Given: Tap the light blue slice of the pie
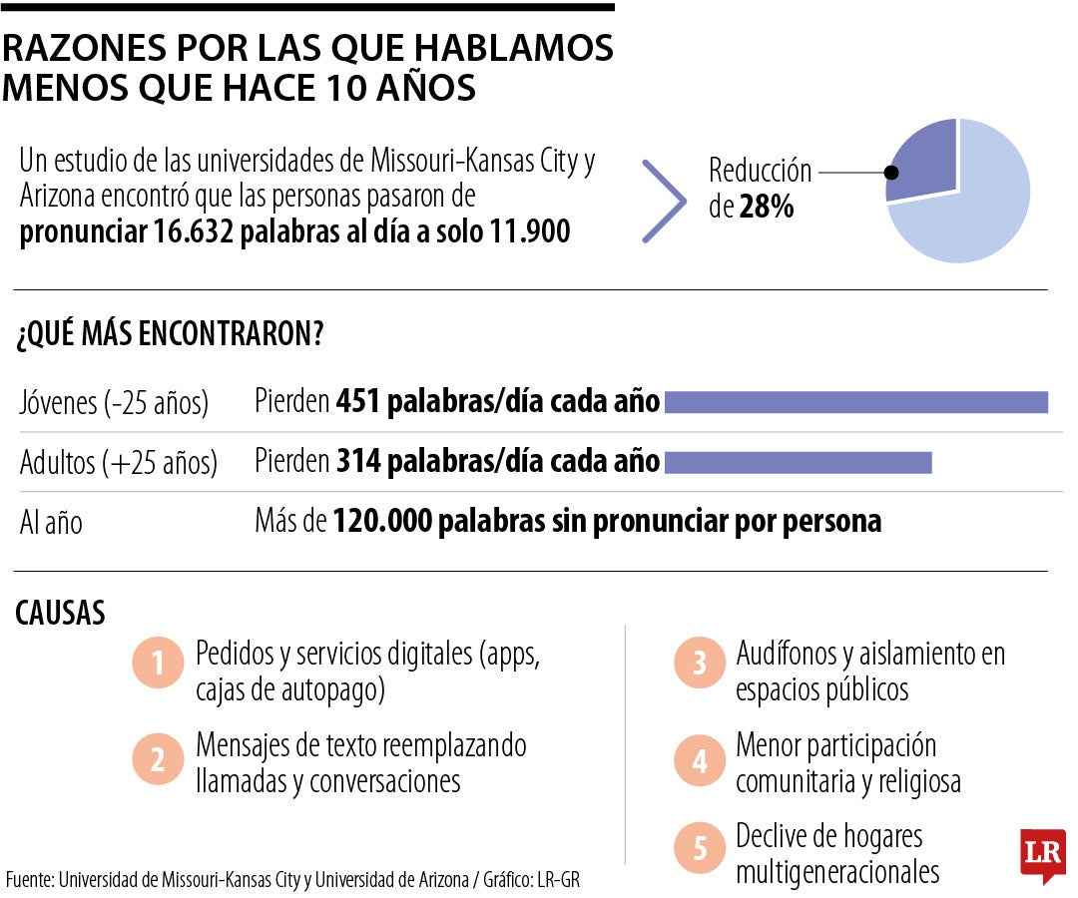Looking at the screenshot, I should pos(973,215).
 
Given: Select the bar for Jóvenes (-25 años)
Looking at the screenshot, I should pos(855,402).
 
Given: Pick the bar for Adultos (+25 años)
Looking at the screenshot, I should pos(798,463).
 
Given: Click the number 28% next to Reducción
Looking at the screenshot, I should pos(767,209).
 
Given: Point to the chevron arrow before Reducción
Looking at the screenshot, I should pos(664,201).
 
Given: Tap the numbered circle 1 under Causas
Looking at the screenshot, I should pos(158,663).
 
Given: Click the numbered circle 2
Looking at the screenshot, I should pos(158,761).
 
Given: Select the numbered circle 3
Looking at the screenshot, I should pos(700,663).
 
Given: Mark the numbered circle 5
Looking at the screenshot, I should pos(700,849).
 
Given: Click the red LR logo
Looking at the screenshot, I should pos(1042,853).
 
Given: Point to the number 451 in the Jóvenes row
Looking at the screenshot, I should pos(359,402).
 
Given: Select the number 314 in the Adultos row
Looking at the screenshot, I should pos(359,462).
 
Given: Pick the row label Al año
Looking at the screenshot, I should pos(51,523).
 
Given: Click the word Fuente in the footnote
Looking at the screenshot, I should pos(30,879).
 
